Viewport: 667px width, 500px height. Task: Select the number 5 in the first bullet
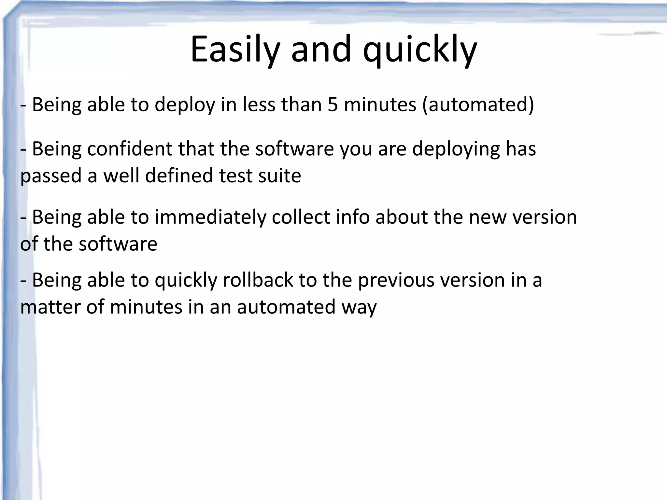tap(333, 105)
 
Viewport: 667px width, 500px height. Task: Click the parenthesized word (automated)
tap(478, 105)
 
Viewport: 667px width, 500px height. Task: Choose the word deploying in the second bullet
tap(456, 149)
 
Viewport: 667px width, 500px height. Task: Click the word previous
tap(396, 280)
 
